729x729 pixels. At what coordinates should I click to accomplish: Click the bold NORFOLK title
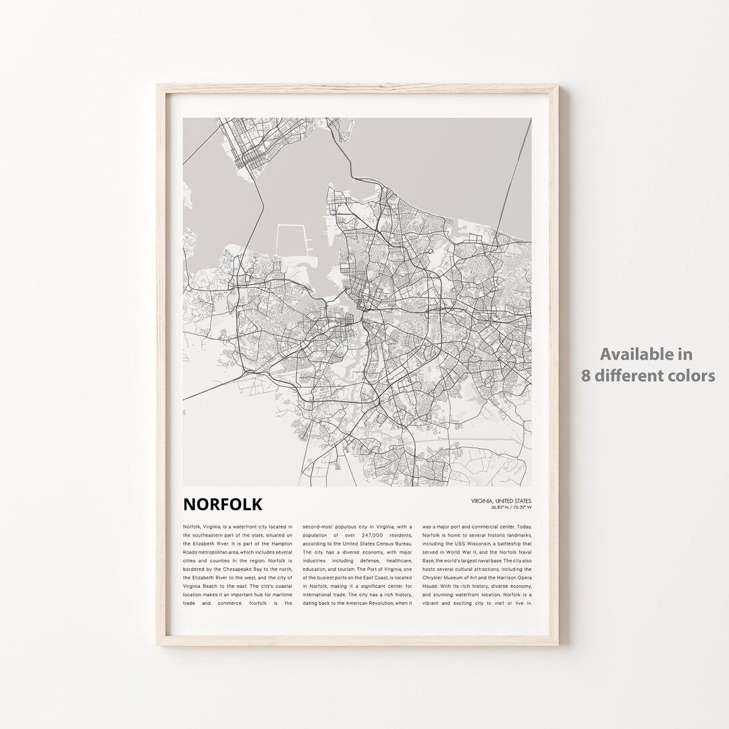(x=223, y=504)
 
